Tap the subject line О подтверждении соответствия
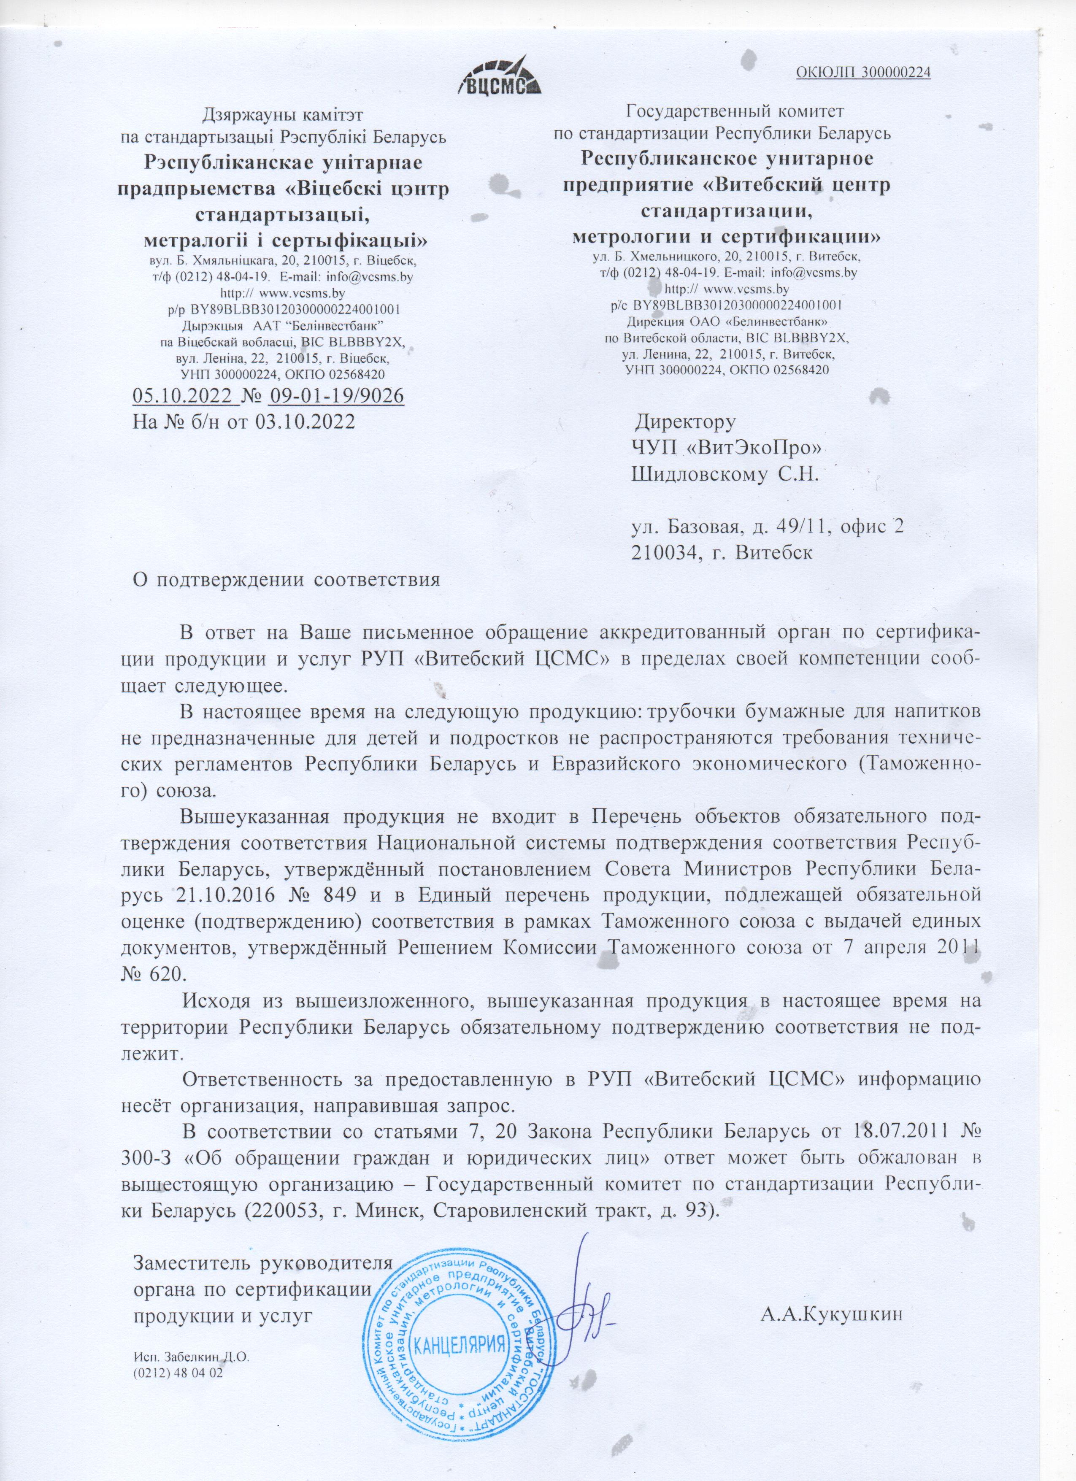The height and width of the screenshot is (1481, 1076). [x=287, y=579]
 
